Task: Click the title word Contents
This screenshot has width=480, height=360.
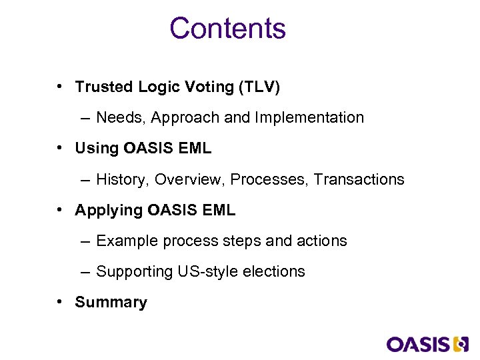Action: tap(227, 29)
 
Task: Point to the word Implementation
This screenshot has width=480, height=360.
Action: tap(309, 118)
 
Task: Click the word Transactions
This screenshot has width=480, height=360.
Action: tap(359, 179)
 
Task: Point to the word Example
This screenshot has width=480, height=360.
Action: tap(124, 241)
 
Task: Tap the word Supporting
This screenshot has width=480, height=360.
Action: tap(135, 272)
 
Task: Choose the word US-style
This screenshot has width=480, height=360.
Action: tap(204, 272)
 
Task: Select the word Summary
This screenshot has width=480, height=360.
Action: tap(111, 303)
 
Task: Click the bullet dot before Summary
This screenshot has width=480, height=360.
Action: tap(60, 302)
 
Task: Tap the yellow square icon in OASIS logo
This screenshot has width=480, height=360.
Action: tap(461, 344)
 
